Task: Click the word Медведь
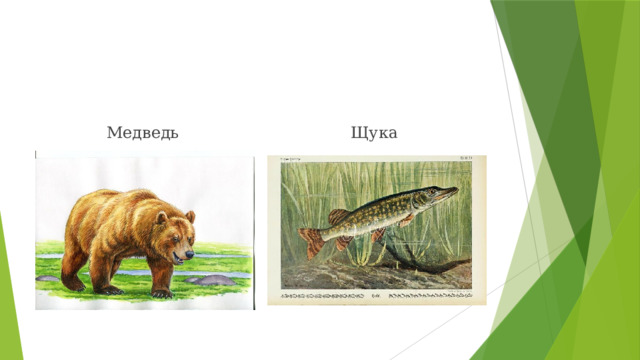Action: pos(143,133)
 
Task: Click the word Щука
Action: pos(374,133)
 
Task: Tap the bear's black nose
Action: pos(192,256)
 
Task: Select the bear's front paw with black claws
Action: pos(160,292)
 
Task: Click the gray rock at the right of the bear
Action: pos(215,282)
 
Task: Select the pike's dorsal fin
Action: pos(339,216)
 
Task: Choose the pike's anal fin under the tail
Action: pos(344,242)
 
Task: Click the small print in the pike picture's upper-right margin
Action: pos(465,158)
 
